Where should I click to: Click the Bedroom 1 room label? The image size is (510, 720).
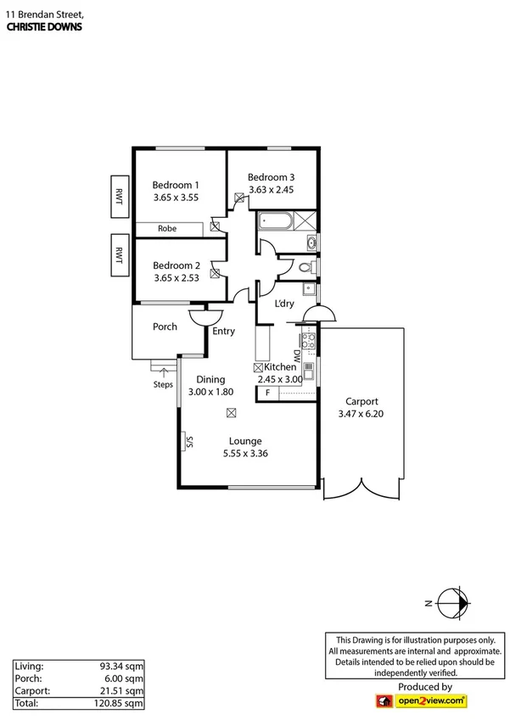[x=176, y=185]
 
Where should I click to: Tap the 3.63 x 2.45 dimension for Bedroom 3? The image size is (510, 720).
[x=271, y=190]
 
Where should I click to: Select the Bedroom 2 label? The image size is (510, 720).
[x=176, y=265]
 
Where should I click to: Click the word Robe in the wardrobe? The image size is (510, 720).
[x=167, y=228]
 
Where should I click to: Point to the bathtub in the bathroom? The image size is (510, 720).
[x=276, y=222]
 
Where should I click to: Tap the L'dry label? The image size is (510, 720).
[x=284, y=304]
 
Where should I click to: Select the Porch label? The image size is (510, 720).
[x=165, y=327]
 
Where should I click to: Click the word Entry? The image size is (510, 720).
[x=223, y=332]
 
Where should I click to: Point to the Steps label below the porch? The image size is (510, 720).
[x=163, y=384]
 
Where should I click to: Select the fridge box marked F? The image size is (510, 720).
[x=269, y=393]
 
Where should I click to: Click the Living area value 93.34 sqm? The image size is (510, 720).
[x=121, y=667]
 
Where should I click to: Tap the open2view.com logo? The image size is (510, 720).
[x=421, y=700]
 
